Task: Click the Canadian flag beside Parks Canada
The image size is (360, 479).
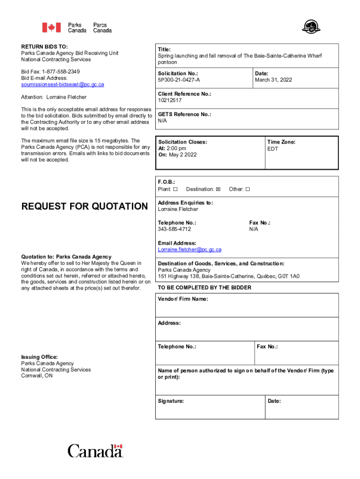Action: click(x=51, y=28)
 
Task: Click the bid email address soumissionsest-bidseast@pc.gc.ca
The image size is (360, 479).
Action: click(x=63, y=85)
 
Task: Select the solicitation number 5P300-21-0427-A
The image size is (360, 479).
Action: click(x=179, y=80)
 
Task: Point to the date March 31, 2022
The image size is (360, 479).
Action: click(x=274, y=80)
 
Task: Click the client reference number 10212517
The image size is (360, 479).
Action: click(x=170, y=100)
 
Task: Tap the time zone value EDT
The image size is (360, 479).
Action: click(x=272, y=148)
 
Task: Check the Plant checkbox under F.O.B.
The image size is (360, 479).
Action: click(x=175, y=189)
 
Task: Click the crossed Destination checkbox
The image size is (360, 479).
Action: click(x=218, y=189)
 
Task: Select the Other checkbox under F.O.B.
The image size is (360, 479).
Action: click(x=248, y=189)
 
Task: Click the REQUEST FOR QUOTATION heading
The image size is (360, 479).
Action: click(x=85, y=206)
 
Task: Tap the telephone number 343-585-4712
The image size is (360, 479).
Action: click(x=174, y=229)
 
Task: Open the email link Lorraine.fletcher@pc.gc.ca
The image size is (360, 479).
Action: click(x=189, y=250)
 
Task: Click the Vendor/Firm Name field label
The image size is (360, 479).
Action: click(x=183, y=299)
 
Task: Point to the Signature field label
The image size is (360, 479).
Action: click(x=171, y=401)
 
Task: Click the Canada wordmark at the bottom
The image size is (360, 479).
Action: click(x=95, y=451)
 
